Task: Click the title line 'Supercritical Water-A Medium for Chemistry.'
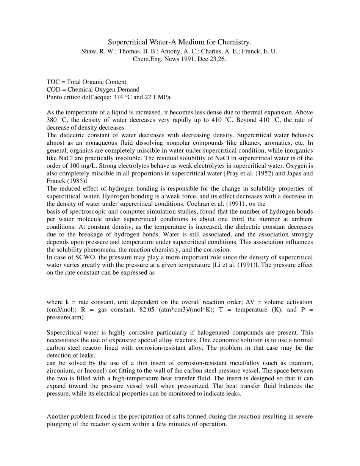pos(180,42)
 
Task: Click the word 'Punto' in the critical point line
pos(54,97)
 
